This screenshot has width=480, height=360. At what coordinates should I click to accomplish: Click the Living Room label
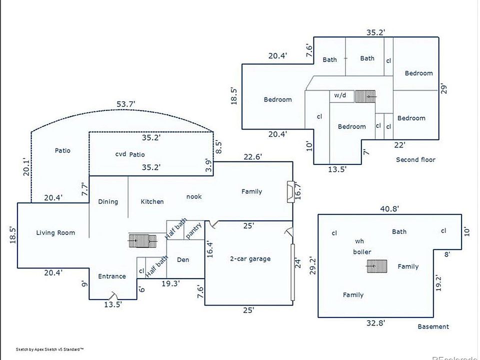click(x=55, y=232)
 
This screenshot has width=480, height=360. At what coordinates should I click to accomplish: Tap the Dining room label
click(x=108, y=201)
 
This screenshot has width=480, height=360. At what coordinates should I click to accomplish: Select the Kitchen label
click(x=152, y=201)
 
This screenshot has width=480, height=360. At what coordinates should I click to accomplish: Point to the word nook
click(x=194, y=196)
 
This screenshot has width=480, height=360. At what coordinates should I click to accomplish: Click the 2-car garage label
click(x=250, y=258)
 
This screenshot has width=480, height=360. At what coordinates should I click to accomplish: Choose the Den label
click(x=183, y=259)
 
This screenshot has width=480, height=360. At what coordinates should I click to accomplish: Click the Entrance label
click(x=111, y=276)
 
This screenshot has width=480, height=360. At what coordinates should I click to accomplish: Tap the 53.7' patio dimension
click(x=126, y=104)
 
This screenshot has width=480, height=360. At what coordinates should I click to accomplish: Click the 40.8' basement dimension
click(x=389, y=209)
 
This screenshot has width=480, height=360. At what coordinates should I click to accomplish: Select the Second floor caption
click(x=415, y=159)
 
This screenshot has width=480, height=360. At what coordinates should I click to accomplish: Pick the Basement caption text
click(x=433, y=326)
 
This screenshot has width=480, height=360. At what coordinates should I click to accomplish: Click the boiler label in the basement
click(x=362, y=252)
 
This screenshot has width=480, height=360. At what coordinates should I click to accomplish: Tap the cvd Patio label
click(x=130, y=154)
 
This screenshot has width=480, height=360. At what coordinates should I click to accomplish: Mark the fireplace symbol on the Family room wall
click(x=290, y=192)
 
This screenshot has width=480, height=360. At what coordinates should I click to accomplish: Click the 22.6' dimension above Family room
click(x=252, y=156)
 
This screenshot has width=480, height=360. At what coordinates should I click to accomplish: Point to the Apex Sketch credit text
click(x=50, y=349)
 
